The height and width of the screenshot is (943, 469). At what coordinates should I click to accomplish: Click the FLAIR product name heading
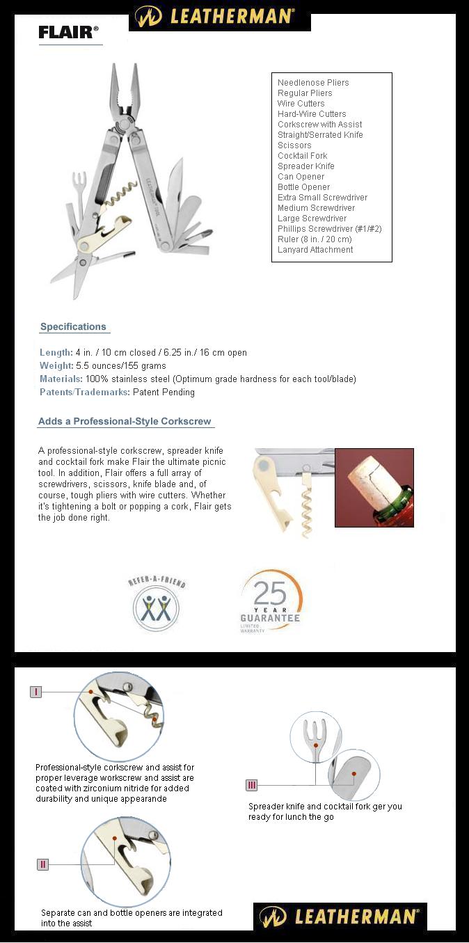click(68, 32)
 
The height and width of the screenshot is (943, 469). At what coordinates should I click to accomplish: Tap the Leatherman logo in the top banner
click(220, 16)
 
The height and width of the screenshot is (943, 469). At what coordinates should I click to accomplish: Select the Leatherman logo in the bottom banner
click(340, 917)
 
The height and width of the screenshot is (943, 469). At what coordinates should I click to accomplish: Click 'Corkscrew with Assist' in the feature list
click(319, 125)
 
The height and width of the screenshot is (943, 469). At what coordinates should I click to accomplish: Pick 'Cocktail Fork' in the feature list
click(302, 156)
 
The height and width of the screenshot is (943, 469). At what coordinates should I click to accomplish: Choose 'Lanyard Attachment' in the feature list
click(315, 250)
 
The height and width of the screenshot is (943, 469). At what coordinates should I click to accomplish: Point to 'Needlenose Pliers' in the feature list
click(313, 83)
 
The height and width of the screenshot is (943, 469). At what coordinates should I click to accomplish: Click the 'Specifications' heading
click(73, 327)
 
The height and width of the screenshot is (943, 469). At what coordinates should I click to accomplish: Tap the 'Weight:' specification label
click(56, 366)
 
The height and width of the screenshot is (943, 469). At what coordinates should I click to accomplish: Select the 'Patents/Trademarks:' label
click(84, 393)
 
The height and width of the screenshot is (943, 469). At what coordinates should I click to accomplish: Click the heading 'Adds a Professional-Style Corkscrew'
click(125, 422)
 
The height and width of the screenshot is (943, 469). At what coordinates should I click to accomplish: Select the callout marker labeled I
click(36, 692)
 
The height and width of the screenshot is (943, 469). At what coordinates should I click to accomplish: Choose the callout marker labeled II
click(43, 864)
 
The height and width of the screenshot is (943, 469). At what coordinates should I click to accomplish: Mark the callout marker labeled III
click(252, 785)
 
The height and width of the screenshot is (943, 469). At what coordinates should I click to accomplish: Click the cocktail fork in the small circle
click(314, 736)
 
